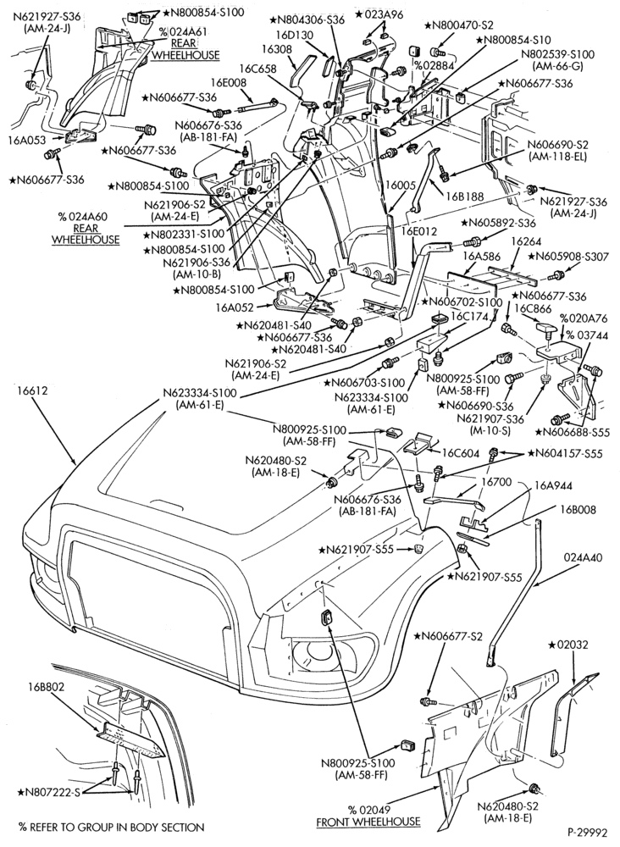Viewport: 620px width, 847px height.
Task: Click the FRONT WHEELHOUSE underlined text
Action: click(368, 822)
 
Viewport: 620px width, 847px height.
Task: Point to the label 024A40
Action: click(583, 557)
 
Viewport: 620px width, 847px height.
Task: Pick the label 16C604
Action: click(461, 453)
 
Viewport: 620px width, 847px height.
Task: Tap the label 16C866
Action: click(533, 308)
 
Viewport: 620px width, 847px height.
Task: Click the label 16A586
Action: click(482, 257)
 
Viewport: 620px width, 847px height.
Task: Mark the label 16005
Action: click(400, 185)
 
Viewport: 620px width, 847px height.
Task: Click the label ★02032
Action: click(568, 645)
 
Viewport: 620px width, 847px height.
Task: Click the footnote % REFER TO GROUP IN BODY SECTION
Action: click(112, 827)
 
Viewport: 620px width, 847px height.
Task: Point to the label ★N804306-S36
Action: click(307, 20)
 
